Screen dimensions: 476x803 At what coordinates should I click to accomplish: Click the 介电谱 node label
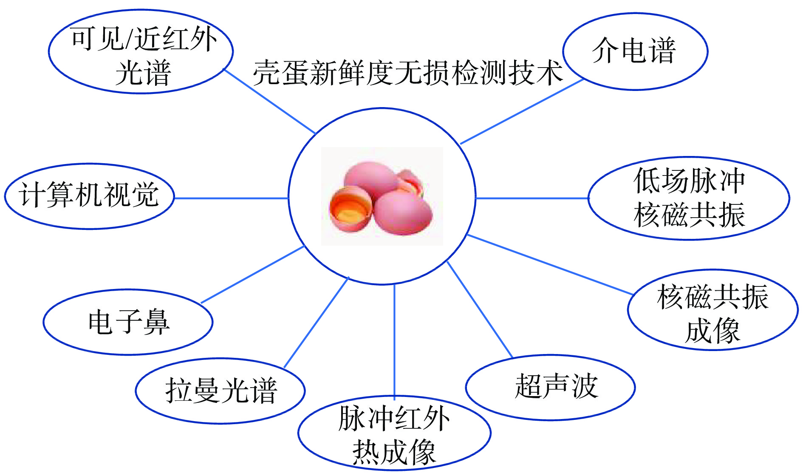(x=635, y=51)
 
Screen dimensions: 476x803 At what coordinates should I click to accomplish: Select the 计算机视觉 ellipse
(x=89, y=196)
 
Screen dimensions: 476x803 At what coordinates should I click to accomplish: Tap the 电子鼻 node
(x=128, y=322)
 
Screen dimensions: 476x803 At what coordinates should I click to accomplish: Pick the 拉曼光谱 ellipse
(x=220, y=391)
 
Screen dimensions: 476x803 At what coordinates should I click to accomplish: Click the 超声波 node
(x=550, y=387)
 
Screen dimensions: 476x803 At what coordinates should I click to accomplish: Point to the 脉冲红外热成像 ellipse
(x=394, y=433)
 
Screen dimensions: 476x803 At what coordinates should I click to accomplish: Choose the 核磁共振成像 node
(x=713, y=310)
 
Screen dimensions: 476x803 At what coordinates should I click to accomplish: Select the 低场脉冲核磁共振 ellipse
(x=689, y=198)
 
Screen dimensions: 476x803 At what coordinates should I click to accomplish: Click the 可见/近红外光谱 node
(x=141, y=51)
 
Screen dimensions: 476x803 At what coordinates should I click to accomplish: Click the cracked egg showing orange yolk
(x=351, y=208)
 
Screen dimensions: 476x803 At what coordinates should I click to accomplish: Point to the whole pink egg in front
(x=403, y=212)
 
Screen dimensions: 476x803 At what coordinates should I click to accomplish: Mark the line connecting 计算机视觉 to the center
(x=232, y=198)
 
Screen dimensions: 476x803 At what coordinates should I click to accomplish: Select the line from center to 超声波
(x=480, y=310)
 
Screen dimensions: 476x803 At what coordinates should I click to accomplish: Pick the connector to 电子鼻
(x=252, y=275)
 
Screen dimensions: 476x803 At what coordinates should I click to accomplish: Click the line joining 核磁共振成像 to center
(x=550, y=264)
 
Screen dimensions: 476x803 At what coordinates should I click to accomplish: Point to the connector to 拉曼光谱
(x=316, y=323)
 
